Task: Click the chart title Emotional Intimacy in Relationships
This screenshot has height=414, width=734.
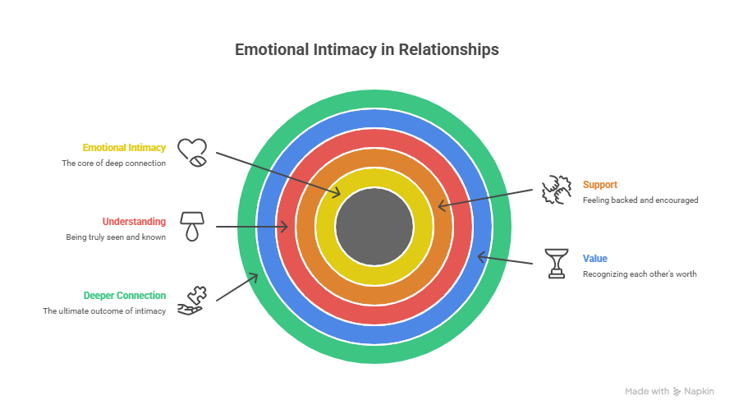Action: pyautogui.click(x=366, y=50)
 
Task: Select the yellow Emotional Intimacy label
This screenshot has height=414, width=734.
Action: pyautogui.click(x=124, y=148)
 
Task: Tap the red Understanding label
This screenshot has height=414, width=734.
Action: pyautogui.click(x=134, y=221)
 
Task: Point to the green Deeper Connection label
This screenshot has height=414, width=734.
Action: pyautogui.click(x=125, y=295)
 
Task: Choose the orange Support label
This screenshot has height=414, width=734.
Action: pyautogui.click(x=600, y=185)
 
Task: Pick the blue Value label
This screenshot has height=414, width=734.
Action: pyautogui.click(x=595, y=258)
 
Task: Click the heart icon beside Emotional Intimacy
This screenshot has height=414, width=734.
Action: pyautogui.click(x=193, y=152)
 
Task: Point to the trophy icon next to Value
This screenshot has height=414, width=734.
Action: pyautogui.click(x=557, y=263)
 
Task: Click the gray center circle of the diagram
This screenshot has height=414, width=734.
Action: pyautogui.click(x=374, y=226)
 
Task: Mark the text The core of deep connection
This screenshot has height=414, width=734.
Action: pyautogui.click(x=114, y=163)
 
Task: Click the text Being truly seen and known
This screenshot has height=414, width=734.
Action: pyautogui.click(x=116, y=237)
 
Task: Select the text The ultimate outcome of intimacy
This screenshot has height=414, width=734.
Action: pyautogui.click(x=104, y=310)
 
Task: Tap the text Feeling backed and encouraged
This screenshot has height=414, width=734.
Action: pyautogui.click(x=640, y=200)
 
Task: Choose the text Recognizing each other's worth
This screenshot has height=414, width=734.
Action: pyautogui.click(x=640, y=274)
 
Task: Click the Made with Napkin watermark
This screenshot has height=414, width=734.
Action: pyautogui.click(x=669, y=392)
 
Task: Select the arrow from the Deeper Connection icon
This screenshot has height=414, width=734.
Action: pyautogui.click(x=237, y=287)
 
